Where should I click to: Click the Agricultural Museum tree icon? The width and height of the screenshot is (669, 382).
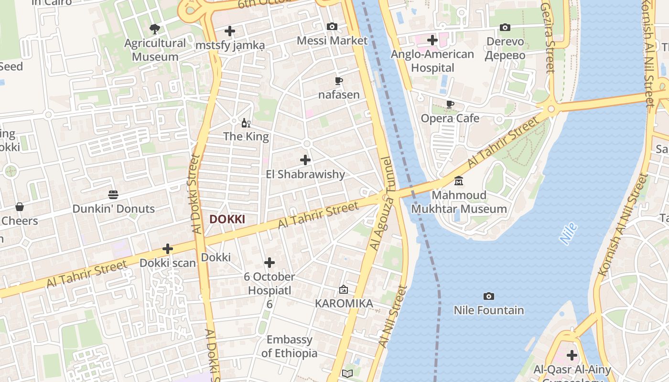tap(154, 29)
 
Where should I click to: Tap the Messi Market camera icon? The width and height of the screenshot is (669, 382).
tap(332, 27)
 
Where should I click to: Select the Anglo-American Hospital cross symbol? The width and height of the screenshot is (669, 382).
tap(432, 40)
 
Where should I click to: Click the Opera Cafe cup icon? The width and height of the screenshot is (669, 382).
tap(450, 104)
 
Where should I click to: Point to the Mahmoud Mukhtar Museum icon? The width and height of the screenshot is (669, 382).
tap(459, 181)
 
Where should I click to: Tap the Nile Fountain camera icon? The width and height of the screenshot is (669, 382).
tap(488, 297)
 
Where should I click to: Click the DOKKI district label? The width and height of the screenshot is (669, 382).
tap(227, 219)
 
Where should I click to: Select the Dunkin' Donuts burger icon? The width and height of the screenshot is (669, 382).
tap(113, 195)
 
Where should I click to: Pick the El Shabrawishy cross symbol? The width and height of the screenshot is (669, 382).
tap(305, 160)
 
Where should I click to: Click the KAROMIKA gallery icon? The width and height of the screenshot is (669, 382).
tap(343, 289)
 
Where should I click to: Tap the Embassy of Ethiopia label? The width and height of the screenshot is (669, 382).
tap(290, 347)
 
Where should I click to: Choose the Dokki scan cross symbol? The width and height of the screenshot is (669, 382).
tap(168, 249)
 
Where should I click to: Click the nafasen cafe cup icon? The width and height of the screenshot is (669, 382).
tap(339, 81)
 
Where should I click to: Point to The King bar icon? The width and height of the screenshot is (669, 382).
tap(246, 123)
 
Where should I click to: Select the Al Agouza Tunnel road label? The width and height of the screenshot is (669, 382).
tap(382, 203)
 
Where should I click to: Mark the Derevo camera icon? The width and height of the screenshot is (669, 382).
tap(505, 28)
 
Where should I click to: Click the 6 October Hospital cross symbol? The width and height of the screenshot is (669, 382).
tap(270, 263)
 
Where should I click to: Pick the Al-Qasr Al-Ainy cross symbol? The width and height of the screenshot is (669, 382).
tap(572, 355)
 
